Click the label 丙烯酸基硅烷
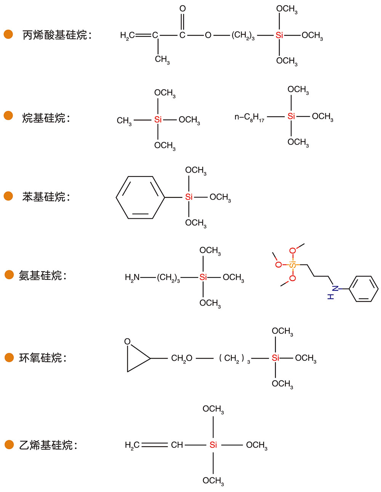(x=57, y=35)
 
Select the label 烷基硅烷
(x=46, y=118)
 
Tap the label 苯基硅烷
(x=46, y=197)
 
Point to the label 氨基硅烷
(x=42, y=275)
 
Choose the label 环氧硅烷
(x=42, y=358)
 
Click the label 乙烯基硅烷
(x=48, y=445)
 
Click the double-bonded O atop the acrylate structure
(x=182, y=9)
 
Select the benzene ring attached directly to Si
(x=140, y=197)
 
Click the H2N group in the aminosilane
(x=132, y=277)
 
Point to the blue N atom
(x=335, y=288)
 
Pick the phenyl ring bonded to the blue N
(x=364, y=289)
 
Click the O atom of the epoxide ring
(x=128, y=341)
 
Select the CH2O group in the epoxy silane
(x=181, y=358)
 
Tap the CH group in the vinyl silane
(x=177, y=445)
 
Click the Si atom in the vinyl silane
(x=213, y=445)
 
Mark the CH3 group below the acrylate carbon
(x=162, y=59)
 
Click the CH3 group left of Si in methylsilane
(x=124, y=121)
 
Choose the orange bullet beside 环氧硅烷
(x=9, y=357)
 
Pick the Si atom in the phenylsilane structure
(x=189, y=197)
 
